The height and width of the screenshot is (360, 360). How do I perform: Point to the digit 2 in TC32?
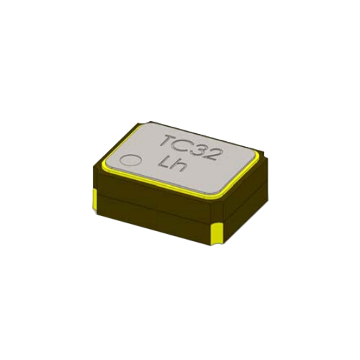(x=212, y=154)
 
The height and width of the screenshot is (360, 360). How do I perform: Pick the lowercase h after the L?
(x=179, y=166)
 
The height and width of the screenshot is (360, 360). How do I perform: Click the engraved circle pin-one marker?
(x=131, y=160)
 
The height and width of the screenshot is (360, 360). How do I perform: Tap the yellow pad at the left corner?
(x=95, y=200)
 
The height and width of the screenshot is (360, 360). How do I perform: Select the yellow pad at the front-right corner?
(x=217, y=235)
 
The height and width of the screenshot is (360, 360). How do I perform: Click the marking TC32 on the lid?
(x=190, y=148)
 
